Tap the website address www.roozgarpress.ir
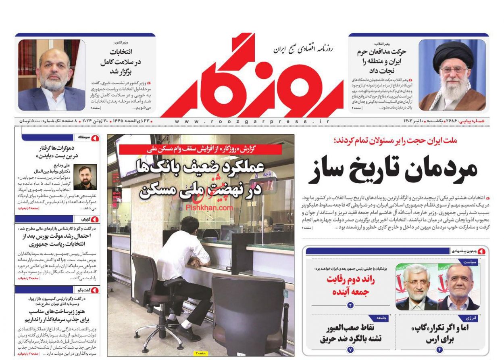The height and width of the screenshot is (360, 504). click(252, 121)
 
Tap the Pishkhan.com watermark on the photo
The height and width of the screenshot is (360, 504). click(210, 207)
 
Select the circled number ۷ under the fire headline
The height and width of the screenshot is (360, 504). click(350, 350)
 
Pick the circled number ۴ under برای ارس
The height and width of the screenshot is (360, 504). click(439, 350)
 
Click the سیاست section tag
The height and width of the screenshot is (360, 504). click(471, 262)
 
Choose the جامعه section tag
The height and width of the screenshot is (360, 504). click(382, 318)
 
